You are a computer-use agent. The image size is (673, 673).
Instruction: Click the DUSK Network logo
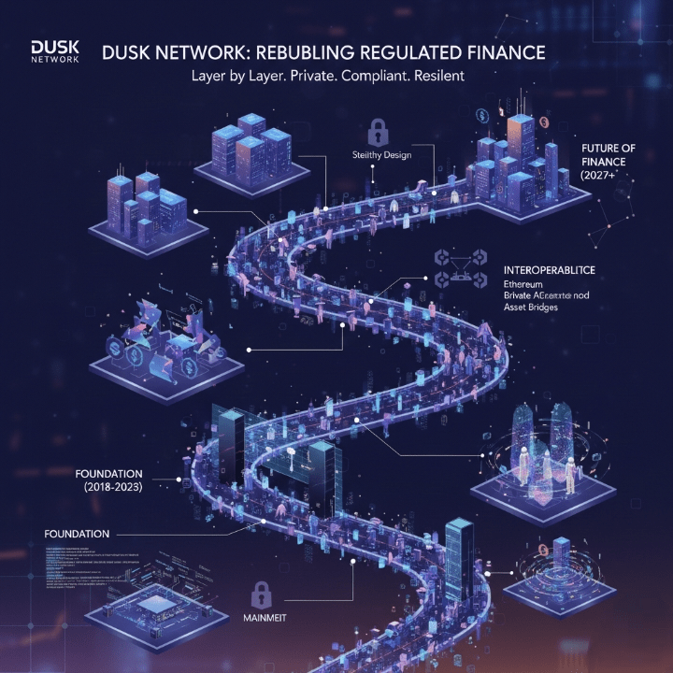coord(55,50)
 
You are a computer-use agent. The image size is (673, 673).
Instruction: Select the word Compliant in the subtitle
coord(365,77)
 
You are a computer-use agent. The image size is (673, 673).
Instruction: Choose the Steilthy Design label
coord(381,155)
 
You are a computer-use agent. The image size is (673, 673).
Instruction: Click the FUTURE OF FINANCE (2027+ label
coord(609,161)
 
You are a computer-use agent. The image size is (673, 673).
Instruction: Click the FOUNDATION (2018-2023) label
coord(107,480)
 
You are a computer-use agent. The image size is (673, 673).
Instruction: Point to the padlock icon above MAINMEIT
coord(262,592)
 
